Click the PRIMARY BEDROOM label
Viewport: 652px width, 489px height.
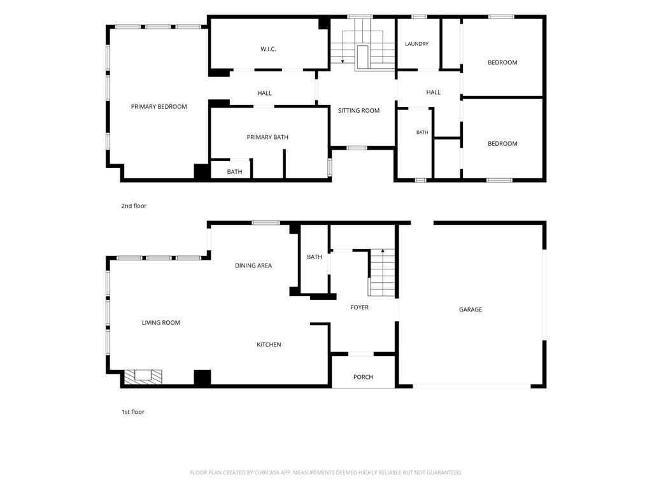coord(159,106)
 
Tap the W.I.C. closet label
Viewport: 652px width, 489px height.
coord(268,49)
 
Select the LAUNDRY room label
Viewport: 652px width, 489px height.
coord(416,44)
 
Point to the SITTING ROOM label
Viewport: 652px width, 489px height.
coord(358,111)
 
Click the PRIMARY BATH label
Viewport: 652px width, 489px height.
coord(267,137)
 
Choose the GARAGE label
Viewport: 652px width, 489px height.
coord(471,309)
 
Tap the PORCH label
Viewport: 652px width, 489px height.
coord(363,377)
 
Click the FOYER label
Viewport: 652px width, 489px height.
coord(359,308)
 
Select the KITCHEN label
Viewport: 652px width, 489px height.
coord(269,344)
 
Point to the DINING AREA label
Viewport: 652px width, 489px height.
coord(253,266)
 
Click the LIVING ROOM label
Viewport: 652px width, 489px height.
coord(161,322)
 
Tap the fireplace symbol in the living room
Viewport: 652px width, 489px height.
coord(143,376)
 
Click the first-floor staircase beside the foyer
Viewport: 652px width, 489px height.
coord(381,273)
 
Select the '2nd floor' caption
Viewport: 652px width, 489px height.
coord(134,206)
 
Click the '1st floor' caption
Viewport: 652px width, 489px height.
coord(133,412)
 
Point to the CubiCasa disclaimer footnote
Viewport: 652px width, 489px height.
coord(326,472)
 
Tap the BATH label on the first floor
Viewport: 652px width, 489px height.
coord(315,257)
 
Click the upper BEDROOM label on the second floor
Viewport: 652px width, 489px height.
coord(502,62)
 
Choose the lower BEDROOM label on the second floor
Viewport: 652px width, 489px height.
coord(502,143)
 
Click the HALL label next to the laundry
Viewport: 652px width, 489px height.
coord(433,92)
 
